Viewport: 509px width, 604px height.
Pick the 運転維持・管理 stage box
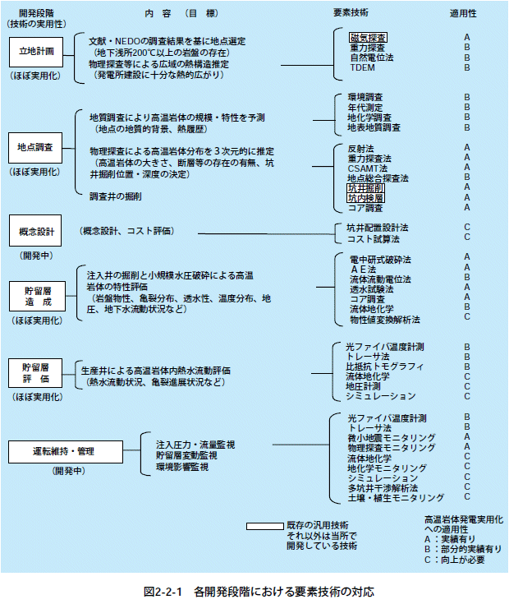pos(53,452)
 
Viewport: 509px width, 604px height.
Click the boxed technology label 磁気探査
pos(368,38)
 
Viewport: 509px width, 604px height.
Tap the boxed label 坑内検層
pos(365,197)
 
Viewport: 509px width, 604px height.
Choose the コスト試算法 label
pos(374,238)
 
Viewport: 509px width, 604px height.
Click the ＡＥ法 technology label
pos(362,269)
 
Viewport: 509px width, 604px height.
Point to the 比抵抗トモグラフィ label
pos(384,366)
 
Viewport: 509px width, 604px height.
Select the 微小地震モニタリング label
pos(391,437)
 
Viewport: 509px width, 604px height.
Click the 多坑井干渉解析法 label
pos(383,487)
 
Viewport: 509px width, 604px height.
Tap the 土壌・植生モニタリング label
pos(395,497)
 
